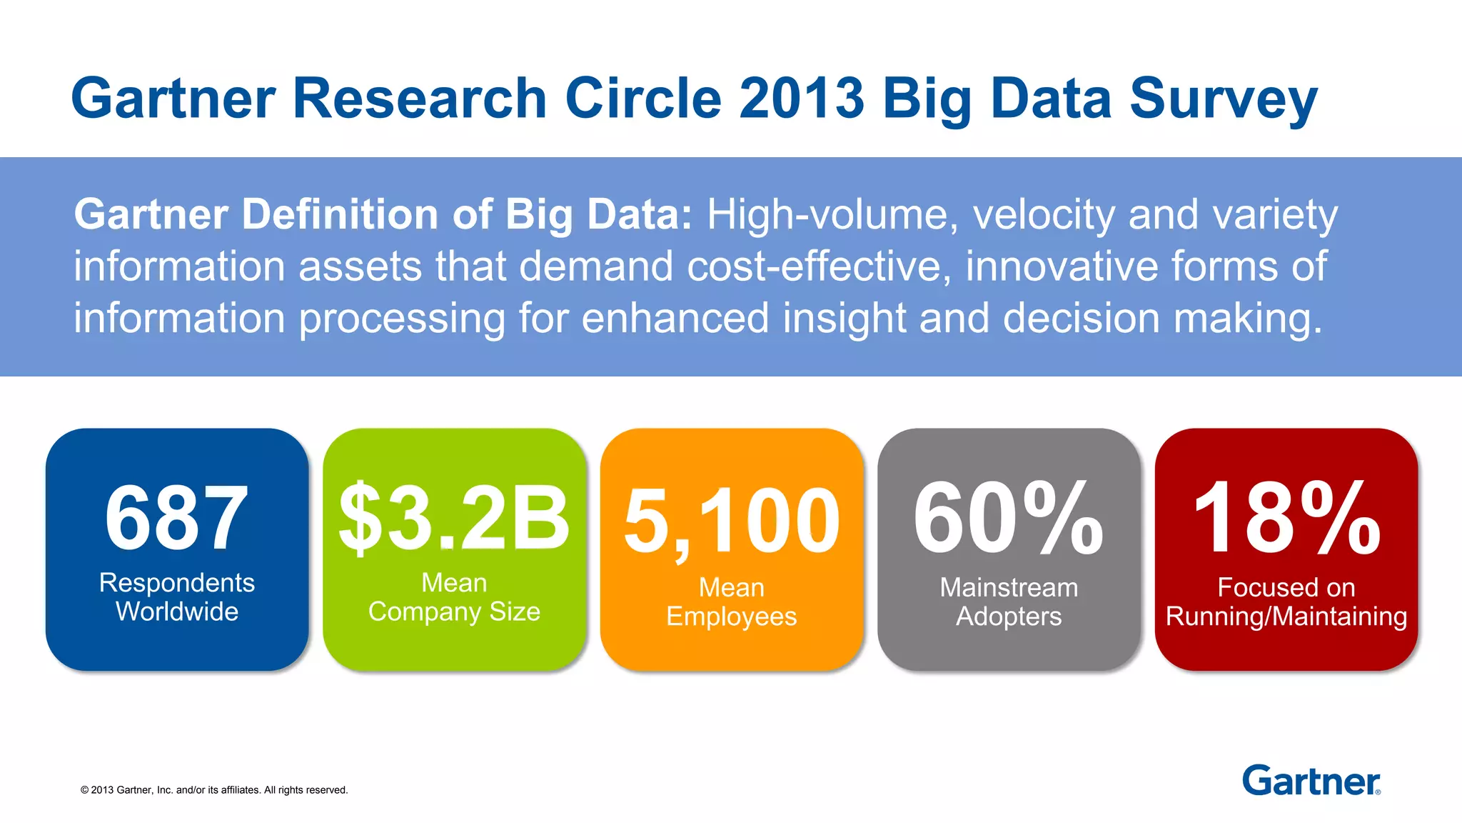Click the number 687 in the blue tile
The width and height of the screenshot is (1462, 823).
(176, 518)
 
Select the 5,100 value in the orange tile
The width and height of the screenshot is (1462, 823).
(732, 522)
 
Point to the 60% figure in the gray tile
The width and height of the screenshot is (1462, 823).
(1008, 518)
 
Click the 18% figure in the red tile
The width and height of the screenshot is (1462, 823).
(1286, 518)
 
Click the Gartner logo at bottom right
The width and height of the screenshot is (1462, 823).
(1311, 781)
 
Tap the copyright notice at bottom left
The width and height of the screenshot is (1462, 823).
(214, 790)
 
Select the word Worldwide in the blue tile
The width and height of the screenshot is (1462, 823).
(177, 612)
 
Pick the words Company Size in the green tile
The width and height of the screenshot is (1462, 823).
(454, 612)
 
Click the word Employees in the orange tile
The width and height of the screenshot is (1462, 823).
(731, 617)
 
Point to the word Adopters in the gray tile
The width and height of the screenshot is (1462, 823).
(1009, 617)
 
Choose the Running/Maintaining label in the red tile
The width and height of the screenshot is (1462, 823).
(1286, 617)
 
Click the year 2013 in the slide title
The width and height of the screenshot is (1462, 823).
(802, 98)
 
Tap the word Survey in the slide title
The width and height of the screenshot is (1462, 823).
(1223, 98)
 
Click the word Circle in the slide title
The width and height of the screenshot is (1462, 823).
(643, 98)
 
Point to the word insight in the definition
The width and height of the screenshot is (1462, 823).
(844, 318)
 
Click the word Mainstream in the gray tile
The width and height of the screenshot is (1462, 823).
(1009, 587)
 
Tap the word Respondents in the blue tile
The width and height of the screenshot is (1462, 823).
(177, 583)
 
